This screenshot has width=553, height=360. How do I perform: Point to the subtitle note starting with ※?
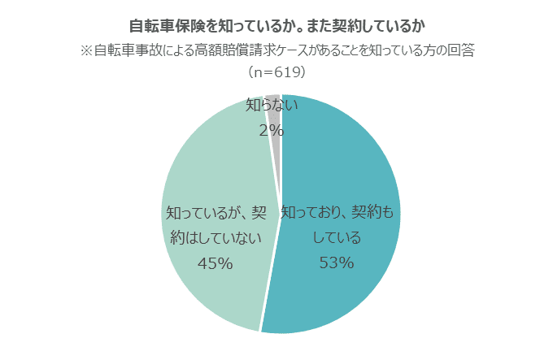(x=276, y=50)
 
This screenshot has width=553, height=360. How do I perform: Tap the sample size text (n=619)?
(x=276, y=72)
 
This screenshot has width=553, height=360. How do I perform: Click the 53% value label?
(x=336, y=262)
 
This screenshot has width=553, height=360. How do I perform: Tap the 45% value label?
(x=216, y=262)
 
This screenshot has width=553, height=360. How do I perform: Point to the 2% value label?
(x=271, y=129)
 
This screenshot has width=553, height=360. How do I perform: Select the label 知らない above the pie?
(x=272, y=106)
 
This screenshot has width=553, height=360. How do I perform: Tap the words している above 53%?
(x=336, y=238)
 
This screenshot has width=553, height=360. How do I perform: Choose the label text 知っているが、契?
(x=216, y=213)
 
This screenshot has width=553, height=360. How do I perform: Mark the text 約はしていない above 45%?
(x=216, y=238)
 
